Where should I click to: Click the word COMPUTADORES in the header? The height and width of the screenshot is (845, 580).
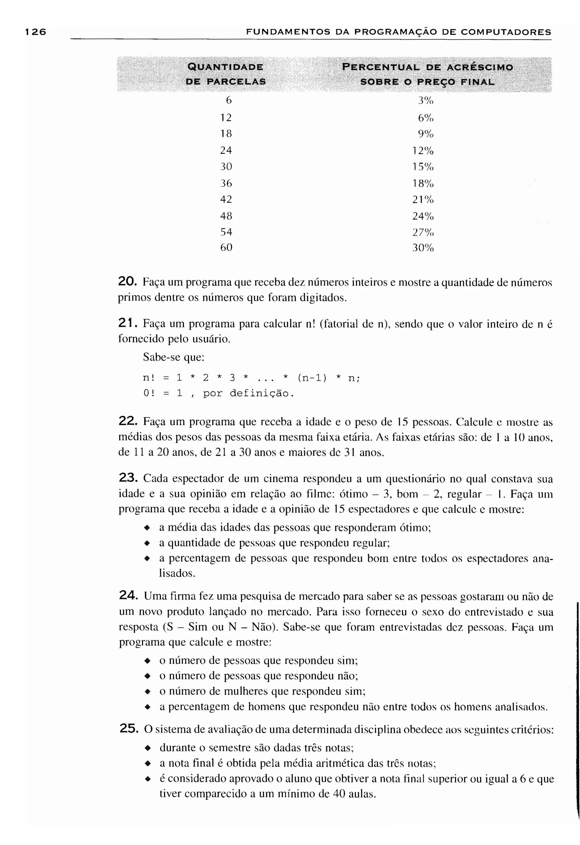tap(506, 32)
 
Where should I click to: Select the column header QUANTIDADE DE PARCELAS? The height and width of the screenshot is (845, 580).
tap(225, 74)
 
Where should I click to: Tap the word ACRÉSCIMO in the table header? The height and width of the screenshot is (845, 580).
tap(480, 67)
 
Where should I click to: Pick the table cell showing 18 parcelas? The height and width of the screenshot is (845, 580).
tap(226, 134)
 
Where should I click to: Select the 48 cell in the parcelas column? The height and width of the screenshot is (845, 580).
tap(226, 216)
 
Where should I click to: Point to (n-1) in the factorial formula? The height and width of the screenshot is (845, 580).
tap(312, 378)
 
